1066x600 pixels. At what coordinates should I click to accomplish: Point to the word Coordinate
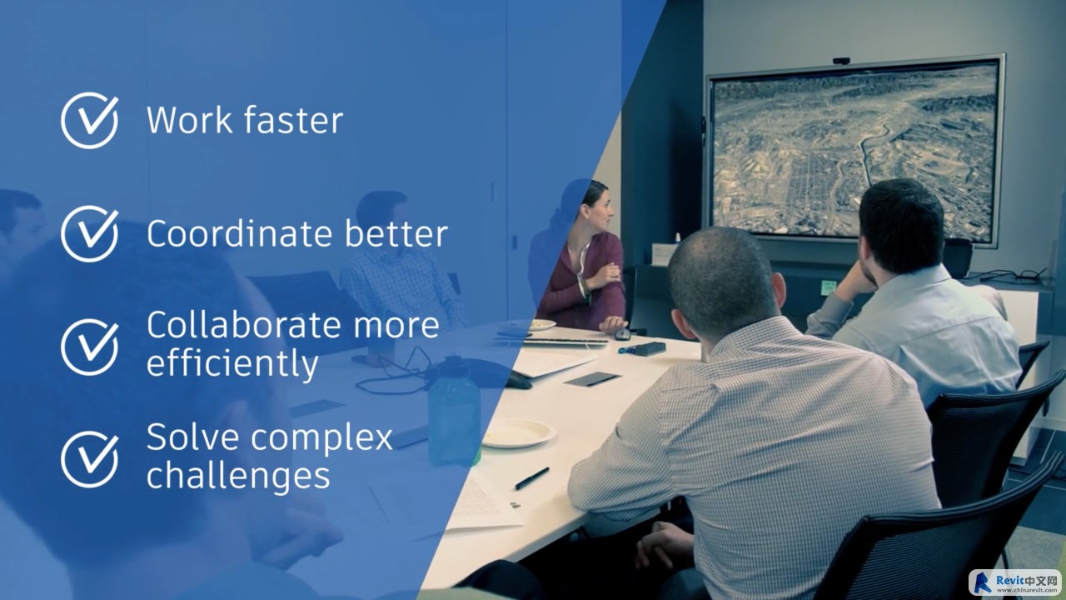[x=239, y=233]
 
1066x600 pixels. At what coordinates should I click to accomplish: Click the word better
[x=396, y=233]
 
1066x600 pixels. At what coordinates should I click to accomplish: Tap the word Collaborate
[x=244, y=325]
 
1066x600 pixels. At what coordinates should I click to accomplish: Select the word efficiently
[x=232, y=364]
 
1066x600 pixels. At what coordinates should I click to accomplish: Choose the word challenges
[x=238, y=476]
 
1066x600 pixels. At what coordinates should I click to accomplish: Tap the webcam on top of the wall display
[x=841, y=61]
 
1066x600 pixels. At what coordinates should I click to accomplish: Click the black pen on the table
[x=531, y=478]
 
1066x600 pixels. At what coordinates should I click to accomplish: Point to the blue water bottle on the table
[x=454, y=412]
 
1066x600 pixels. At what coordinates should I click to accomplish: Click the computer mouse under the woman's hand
[x=622, y=334]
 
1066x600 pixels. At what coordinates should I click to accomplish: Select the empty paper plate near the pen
[x=518, y=433]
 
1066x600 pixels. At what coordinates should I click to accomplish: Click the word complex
[x=321, y=439]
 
